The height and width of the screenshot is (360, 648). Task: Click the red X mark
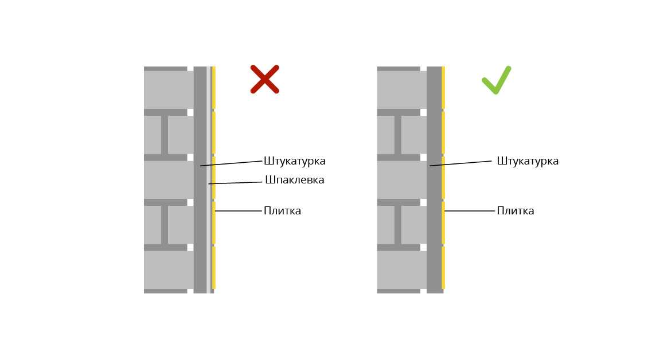(265, 79)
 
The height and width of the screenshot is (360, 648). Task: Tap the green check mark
(497, 80)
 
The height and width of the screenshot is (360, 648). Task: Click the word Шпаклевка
(295, 180)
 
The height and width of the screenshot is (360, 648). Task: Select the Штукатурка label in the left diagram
(295, 161)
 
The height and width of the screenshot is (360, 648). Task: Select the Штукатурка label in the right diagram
(528, 161)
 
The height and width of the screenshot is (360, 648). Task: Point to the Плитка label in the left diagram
(282, 211)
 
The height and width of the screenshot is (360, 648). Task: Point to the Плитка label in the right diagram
(516, 211)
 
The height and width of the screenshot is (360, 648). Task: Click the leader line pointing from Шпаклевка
(236, 183)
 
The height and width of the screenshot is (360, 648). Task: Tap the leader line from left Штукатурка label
(232, 163)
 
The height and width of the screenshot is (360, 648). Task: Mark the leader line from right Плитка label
(470, 211)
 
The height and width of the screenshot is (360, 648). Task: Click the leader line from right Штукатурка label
(461, 163)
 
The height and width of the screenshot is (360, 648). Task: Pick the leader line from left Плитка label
(239, 211)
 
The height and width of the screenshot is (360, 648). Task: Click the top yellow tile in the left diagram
(214, 88)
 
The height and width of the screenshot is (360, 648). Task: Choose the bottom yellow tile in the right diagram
(443, 268)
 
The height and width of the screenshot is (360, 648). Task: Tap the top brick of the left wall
(169, 89)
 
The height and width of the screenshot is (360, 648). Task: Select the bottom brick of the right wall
(401, 270)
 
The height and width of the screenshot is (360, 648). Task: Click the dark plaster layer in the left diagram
(200, 180)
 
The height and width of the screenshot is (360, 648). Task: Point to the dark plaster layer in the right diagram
(434, 180)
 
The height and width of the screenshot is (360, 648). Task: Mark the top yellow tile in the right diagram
(443, 88)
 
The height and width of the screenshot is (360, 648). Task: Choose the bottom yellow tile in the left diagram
(214, 268)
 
